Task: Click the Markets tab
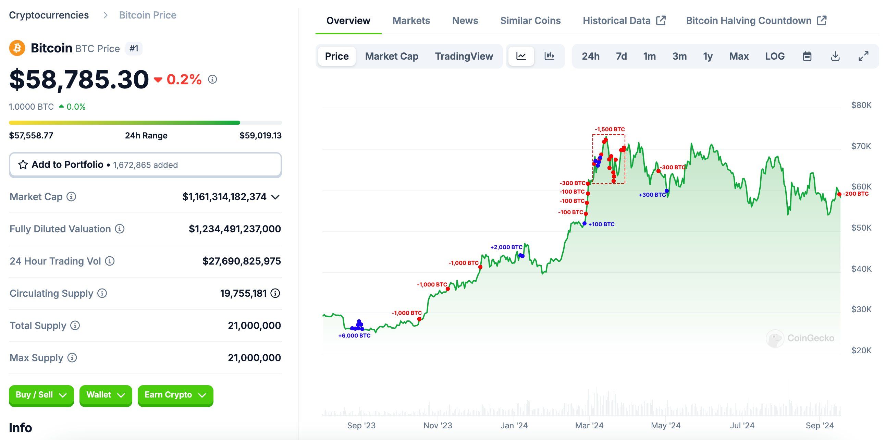[x=411, y=21]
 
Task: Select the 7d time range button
[x=621, y=56]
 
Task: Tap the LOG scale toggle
[x=775, y=56]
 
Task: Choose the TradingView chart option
[x=464, y=56]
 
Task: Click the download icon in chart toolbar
[x=835, y=56]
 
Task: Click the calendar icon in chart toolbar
[x=807, y=56]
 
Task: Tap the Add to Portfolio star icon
[x=23, y=165]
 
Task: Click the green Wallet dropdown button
[x=105, y=395]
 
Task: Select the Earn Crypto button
[x=175, y=395]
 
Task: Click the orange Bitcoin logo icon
[x=17, y=48]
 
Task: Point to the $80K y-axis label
[x=861, y=105]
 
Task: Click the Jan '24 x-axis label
[x=514, y=426]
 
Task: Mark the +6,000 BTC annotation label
[x=354, y=336]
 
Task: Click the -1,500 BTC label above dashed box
[x=610, y=129]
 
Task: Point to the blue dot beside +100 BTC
[x=584, y=224]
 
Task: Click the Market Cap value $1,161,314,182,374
[x=224, y=197]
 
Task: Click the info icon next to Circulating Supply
[x=102, y=293]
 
